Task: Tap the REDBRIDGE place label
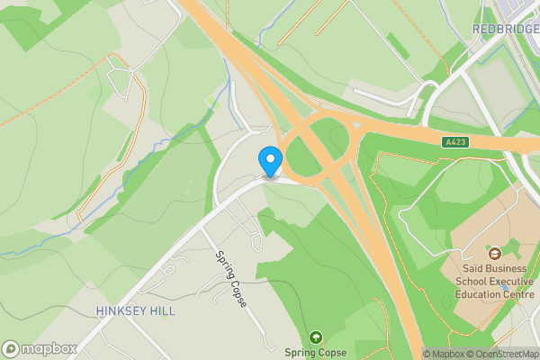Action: coord(504,29)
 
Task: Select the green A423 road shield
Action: coord(455,142)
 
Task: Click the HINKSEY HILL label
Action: coord(135,310)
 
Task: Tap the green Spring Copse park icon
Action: coord(315,337)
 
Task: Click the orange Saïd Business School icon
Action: coord(494,252)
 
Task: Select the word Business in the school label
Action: coord(512,267)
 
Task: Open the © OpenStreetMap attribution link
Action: coord(505,354)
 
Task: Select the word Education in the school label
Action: coord(481,294)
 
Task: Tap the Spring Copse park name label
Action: coord(315,354)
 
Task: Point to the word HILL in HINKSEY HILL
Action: coord(162,310)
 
